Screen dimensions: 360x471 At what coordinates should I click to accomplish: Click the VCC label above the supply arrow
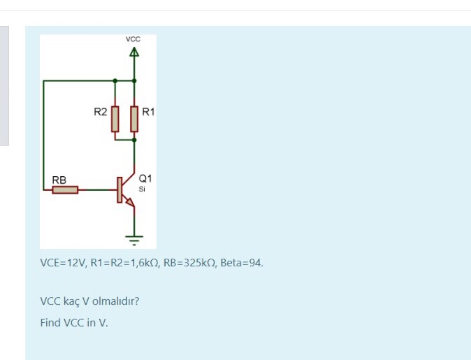[133, 40]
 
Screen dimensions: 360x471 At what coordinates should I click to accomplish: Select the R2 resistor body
[115, 118]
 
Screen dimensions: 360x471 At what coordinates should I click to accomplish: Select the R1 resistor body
[133, 118]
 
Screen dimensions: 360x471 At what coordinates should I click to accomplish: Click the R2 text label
[101, 111]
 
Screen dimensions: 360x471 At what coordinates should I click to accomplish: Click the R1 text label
[148, 111]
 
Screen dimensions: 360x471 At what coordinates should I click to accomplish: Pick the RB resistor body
[65, 189]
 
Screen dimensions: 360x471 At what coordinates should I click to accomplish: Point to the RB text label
[59, 180]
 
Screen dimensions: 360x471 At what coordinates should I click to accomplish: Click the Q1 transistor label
[145, 179]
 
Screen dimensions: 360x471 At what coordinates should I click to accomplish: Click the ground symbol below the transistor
[133, 238]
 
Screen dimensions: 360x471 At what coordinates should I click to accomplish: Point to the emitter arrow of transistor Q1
[129, 202]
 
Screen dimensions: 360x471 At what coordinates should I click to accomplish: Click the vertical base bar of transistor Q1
[119, 189]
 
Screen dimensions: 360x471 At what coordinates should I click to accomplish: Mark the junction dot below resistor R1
[133, 140]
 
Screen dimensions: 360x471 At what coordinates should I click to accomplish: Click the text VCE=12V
[62, 263]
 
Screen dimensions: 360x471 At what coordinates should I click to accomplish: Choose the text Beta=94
[242, 263]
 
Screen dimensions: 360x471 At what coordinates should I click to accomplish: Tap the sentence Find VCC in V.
[74, 322]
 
